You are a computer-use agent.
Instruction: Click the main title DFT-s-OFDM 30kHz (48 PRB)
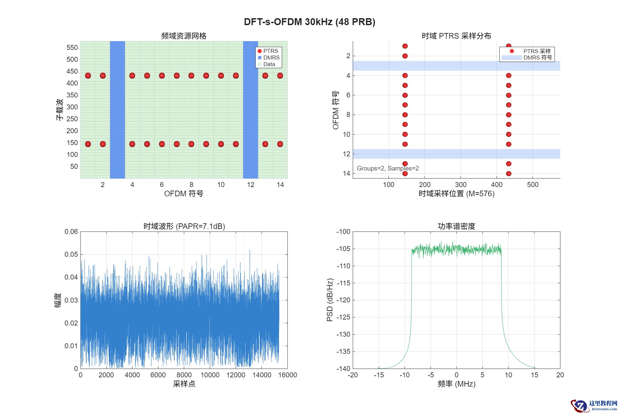309,22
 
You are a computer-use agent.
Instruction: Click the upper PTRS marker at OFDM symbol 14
280,76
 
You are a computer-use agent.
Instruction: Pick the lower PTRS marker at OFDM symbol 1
88,144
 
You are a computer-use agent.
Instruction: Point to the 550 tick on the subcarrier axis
72,48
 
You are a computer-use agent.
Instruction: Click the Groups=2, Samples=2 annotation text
388,168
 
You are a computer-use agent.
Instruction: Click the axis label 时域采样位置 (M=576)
456,194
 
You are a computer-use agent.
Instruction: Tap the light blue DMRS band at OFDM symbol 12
456,154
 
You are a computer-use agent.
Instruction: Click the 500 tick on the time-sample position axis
533,185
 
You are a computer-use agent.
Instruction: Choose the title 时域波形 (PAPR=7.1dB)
184,226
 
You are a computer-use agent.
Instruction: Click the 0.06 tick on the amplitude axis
71,232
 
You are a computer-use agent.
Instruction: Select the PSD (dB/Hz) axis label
329,300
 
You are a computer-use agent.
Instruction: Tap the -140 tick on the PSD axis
343,369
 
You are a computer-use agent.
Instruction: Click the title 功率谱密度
456,226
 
